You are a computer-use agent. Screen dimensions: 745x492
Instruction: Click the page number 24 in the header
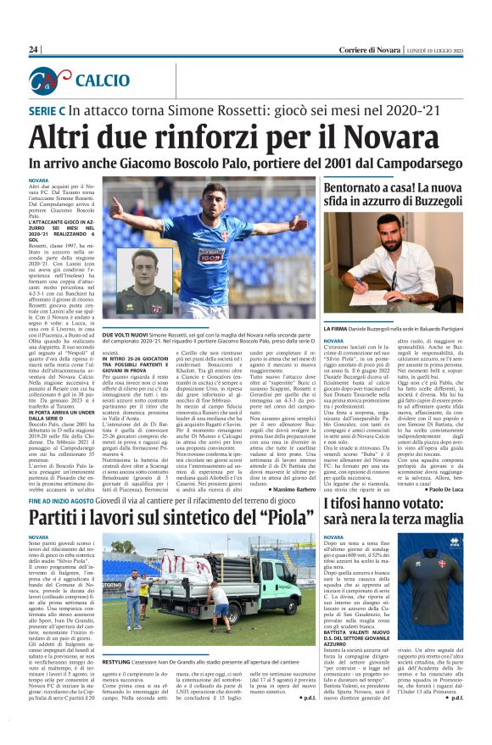click(34, 50)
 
